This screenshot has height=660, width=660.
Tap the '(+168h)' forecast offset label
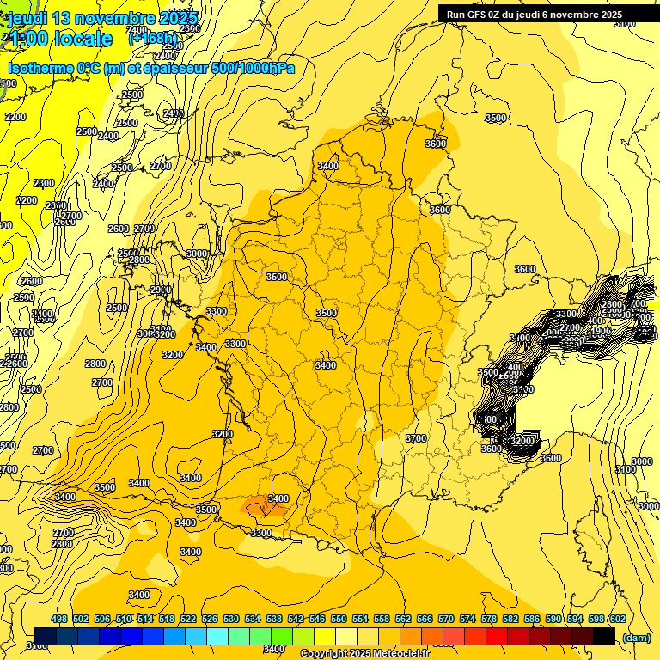coord(153,38)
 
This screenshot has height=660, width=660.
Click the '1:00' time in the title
coord(27,39)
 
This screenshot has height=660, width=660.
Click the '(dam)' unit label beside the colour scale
coord(636,637)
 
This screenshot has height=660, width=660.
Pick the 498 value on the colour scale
coord(59,619)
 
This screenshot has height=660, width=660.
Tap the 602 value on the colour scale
coord(616,619)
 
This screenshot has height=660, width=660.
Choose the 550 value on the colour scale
coord(338,619)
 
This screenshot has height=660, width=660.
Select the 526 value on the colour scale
coord(210,619)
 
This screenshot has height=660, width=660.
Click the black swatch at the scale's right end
coord(603,636)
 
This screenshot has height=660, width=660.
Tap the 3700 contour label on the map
coord(416,438)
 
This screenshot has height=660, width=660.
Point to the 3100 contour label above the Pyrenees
coord(191,478)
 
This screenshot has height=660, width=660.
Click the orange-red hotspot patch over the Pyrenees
coord(265,507)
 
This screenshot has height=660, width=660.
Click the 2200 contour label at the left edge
coord(15,117)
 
